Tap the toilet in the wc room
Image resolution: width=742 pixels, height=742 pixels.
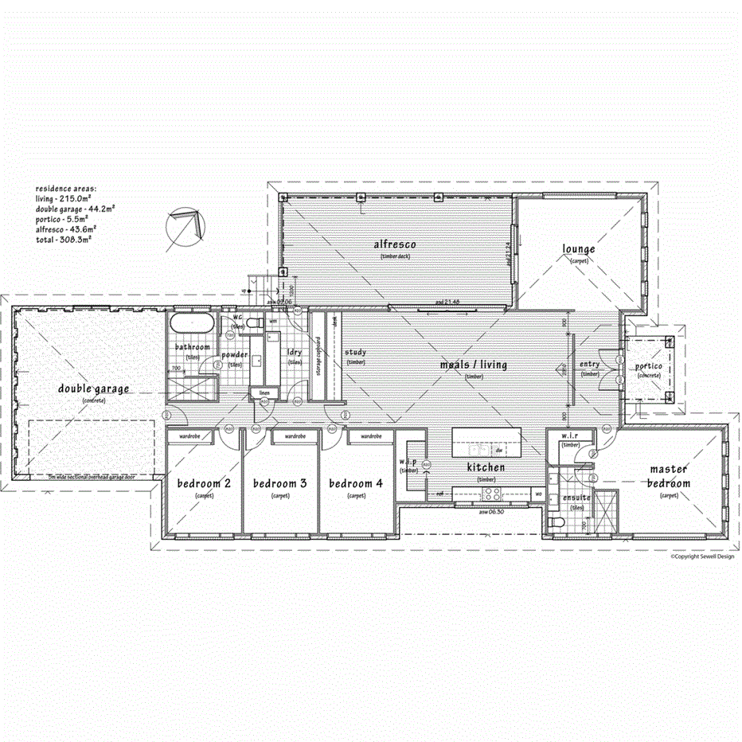(x=254, y=323)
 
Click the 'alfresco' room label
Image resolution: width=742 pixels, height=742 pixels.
(x=396, y=244)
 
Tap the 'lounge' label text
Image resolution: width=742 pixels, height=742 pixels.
(x=579, y=250)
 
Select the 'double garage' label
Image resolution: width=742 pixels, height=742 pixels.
(x=93, y=389)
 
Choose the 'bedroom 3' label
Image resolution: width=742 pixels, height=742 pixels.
(x=279, y=483)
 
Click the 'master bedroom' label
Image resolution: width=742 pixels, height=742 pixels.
(x=668, y=476)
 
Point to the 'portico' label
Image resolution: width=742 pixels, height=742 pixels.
(x=648, y=367)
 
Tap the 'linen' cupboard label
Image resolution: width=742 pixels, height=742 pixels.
(x=262, y=394)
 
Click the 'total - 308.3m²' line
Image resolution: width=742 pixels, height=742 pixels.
(x=63, y=238)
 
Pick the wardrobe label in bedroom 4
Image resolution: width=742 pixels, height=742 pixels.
(x=372, y=437)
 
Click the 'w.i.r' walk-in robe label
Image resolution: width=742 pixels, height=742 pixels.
(x=570, y=435)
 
